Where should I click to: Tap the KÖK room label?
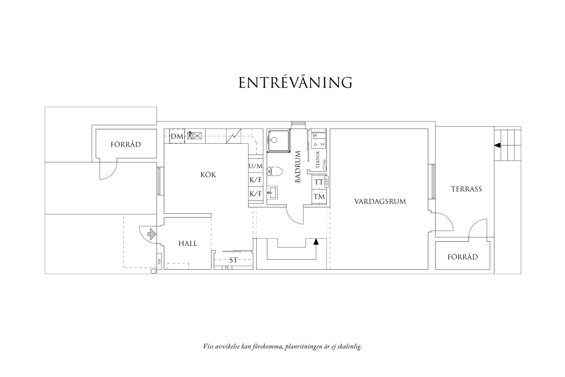(x=208, y=175)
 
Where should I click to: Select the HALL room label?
(x=188, y=243)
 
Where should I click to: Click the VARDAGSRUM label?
(x=380, y=201)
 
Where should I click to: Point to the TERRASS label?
(x=466, y=189)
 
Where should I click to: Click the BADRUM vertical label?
(x=298, y=167)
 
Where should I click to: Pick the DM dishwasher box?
(x=176, y=136)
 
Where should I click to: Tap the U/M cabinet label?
(x=256, y=166)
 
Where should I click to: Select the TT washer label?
(x=318, y=182)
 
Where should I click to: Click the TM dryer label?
(x=319, y=197)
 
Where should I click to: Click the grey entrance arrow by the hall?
(x=152, y=234)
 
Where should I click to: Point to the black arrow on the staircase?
(x=316, y=242)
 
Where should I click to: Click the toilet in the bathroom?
(x=275, y=171)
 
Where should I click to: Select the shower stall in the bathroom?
(x=279, y=141)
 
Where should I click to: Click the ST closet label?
(x=233, y=260)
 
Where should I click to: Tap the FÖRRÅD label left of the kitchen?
(x=126, y=144)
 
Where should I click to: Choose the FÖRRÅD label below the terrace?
(x=462, y=257)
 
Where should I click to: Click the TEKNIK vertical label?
(x=318, y=160)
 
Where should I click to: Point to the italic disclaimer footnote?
(x=282, y=346)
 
